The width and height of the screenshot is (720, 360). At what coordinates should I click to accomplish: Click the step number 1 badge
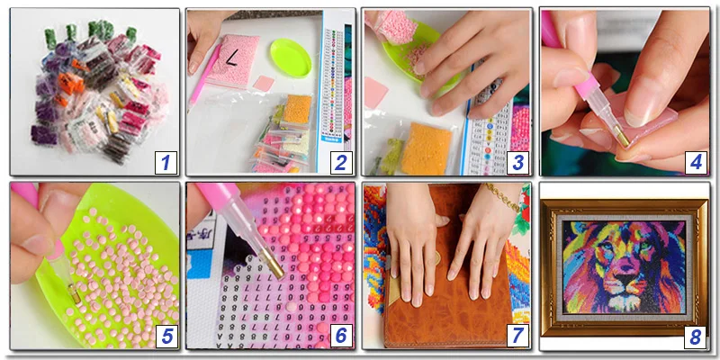(165, 163)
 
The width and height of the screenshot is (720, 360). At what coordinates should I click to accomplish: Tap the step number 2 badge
(340, 163)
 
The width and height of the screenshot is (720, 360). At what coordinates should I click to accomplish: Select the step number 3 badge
(517, 163)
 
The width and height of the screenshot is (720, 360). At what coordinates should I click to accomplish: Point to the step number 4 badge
(694, 163)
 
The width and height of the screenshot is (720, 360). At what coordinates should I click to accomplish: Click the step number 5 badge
(165, 337)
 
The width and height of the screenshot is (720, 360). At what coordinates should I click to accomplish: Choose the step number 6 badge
(340, 337)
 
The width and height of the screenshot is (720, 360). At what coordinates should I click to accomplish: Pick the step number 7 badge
(517, 337)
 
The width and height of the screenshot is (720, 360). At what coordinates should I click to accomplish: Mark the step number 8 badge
(694, 337)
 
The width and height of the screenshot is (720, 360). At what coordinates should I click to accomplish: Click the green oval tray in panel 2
(290, 58)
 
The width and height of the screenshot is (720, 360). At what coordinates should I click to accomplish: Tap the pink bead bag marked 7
(233, 62)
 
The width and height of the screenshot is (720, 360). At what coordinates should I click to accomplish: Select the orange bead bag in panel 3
(425, 148)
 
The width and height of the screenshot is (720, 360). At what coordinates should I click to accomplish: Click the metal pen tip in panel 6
(274, 267)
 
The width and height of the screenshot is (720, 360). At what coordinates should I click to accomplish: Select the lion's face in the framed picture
(624, 265)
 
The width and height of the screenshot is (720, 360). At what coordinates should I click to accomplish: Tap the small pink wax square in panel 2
(264, 83)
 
